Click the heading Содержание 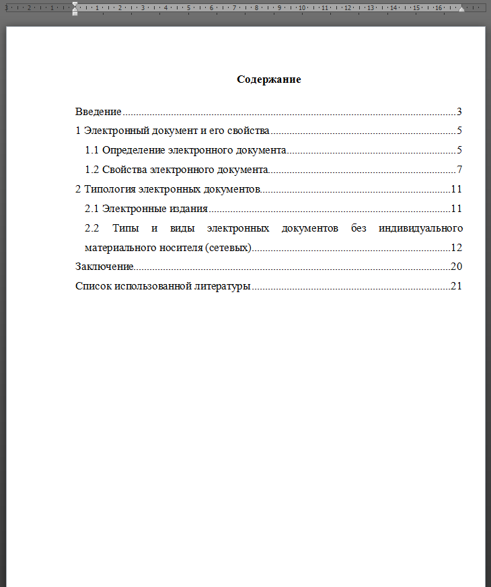(268, 79)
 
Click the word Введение (98, 112)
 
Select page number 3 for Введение (459, 112)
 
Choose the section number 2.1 (93, 208)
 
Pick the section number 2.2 (93, 228)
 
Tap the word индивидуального (420, 228)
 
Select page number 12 (456, 247)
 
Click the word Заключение (104, 267)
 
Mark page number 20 (456, 267)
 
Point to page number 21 (456, 286)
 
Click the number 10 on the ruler (302, 8)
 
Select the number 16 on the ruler (438, 8)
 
